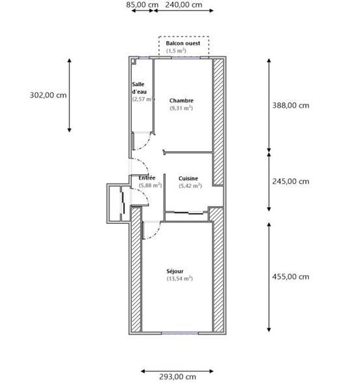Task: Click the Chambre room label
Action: pos(181,101)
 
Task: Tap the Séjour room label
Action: pos(175,271)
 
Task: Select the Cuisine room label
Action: pos(188,178)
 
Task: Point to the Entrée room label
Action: pos(147,178)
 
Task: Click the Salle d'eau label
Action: pos(139,88)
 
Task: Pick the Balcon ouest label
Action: pos(183,43)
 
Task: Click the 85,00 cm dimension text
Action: pos(142,5)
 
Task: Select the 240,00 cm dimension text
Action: pos(183,5)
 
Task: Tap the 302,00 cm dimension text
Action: pos(48,95)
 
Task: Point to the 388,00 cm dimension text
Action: pos(291,104)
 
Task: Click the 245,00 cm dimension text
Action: pos(291,181)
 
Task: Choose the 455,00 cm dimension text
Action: pos(291,276)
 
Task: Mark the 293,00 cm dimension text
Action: pos(177,377)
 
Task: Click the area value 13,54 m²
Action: pos(179,279)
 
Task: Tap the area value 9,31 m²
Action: pos(181,108)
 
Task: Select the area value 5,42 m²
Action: pos(190,186)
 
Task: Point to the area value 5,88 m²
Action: pos(149,185)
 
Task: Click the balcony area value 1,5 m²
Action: pos(176,50)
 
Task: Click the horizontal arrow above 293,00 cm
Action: pos(177,370)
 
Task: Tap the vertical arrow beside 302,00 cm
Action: pos(70,95)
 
